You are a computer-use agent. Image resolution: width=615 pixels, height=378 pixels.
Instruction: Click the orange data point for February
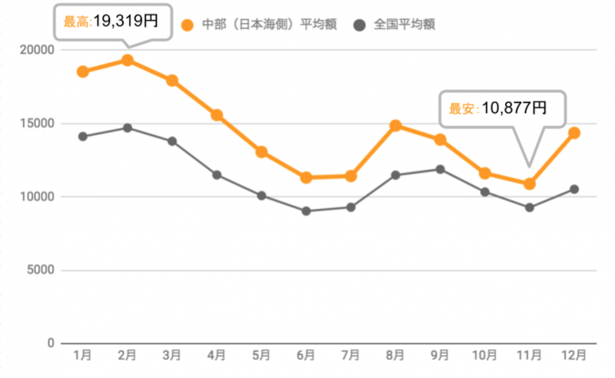[x=128, y=60]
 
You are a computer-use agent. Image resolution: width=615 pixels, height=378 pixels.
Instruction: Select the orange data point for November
[x=529, y=184]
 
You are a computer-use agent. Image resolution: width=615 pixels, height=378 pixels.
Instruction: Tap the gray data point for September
[x=440, y=169]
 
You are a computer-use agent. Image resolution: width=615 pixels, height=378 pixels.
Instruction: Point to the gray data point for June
[x=306, y=211]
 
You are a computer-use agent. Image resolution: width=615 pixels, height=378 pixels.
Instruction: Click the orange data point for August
[x=395, y=125]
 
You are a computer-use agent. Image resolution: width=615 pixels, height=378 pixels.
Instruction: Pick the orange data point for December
[x=573, y=133]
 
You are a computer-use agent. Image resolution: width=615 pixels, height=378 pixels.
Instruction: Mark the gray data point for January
[x=83, y=137]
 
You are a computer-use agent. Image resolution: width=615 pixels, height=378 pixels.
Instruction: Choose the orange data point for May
[x=261, y=152]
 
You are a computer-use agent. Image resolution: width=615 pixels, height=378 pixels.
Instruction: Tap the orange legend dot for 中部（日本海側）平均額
[x=187, y=25]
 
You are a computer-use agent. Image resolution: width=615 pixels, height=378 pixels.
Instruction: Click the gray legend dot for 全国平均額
[x=359, y=25]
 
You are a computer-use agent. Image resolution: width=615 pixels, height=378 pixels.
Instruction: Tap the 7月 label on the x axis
[x=351, y=355]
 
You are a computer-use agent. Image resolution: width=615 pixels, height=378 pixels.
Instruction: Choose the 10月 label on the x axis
[x=484, y=355]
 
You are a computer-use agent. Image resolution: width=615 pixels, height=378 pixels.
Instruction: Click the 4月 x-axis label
[x=217, y=355]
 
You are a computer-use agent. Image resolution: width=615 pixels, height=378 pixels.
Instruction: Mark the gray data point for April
[x=217, y=175]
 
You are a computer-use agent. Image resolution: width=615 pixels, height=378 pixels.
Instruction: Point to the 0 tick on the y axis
[x=51, y=343]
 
